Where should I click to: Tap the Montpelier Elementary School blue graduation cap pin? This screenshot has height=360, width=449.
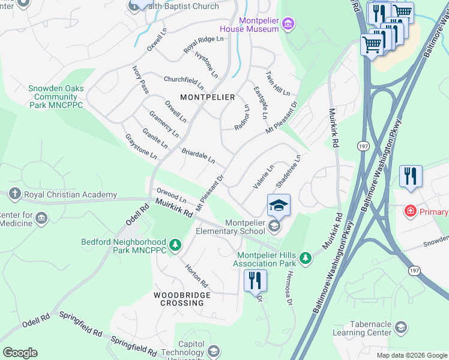click(x=279, y=205)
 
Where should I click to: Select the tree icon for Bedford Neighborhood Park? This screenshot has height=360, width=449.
click(x=175, y=244)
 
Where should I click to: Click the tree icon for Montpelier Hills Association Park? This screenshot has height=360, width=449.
click(x=306, y=258)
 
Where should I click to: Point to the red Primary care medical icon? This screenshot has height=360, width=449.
click(x=410, y=212)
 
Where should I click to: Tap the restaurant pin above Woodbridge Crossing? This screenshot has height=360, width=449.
click(x=255, y=280)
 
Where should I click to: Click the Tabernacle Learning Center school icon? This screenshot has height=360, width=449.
click(x=401, y=328)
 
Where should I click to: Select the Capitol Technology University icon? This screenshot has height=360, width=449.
click(x=213, y=351)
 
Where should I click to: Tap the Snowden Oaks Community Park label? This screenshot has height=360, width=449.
click(x=56, y=97)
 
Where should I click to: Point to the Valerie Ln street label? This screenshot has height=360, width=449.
click(x=263, y=177)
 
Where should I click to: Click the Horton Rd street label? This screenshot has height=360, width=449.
click(x=196, y=275)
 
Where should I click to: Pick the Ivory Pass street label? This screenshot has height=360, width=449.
click(x=139, y=79)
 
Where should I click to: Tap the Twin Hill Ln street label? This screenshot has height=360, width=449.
click(x=278, y=83)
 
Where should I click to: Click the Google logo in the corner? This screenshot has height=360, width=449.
click(x=20, y=353)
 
